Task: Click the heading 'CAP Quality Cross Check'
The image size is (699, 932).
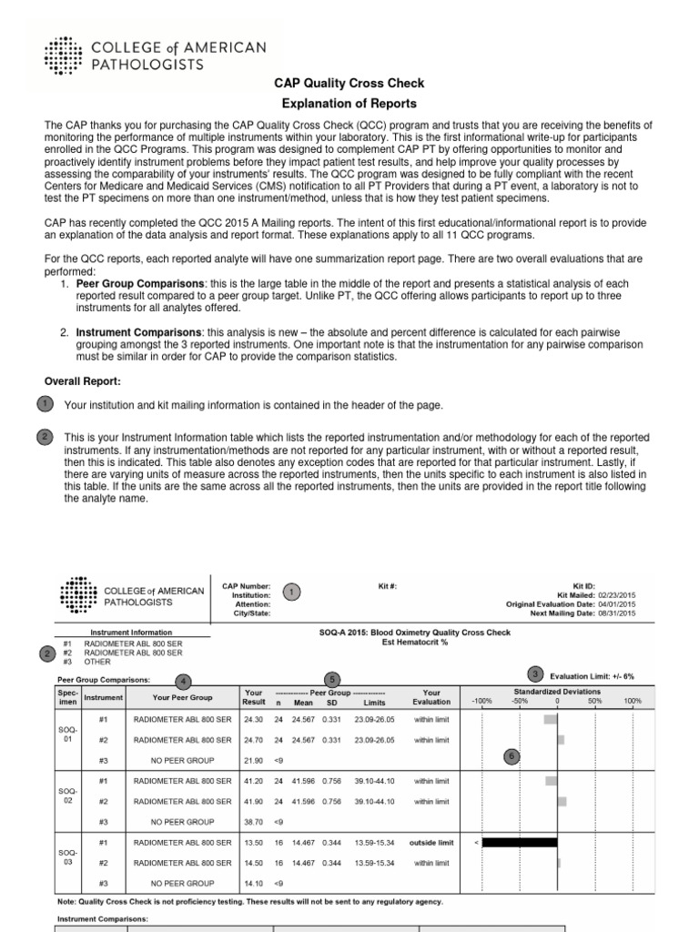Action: [349, 83]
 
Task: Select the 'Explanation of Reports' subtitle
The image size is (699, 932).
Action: [349, 103]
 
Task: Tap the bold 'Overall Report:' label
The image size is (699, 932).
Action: [82, 380]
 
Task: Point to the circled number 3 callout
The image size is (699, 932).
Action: [536, 673]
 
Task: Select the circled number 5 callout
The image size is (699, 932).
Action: [333, 679]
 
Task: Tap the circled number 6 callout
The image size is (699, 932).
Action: [512, 755]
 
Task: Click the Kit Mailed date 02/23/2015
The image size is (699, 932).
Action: [618, 594]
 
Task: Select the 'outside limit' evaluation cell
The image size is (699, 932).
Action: [431, 843]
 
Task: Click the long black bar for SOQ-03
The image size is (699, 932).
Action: [519, 843]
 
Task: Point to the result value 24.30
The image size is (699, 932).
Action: [254, 719]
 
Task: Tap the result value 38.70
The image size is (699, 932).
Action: [254, 821]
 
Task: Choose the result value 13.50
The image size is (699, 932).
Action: [254, 843]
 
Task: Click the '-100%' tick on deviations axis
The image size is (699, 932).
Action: [481, 702]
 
